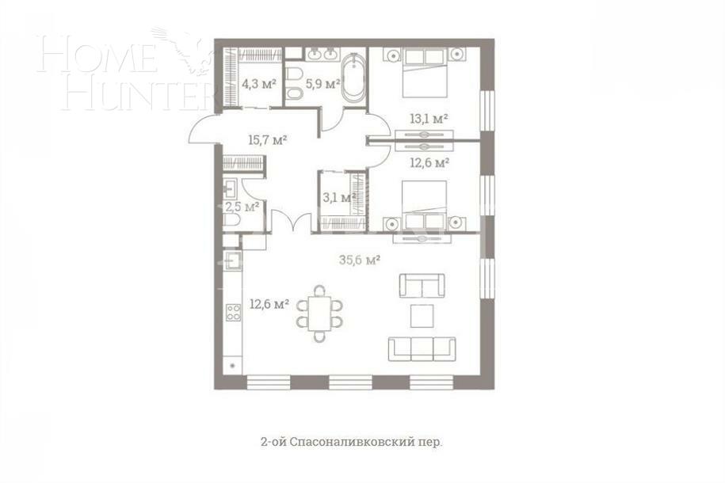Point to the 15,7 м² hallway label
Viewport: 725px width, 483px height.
(267, 139)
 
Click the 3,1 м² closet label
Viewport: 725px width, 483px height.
(336, 197)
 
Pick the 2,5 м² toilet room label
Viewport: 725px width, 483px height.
(242, 207)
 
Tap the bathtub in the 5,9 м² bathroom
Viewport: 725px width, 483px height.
(353, 76)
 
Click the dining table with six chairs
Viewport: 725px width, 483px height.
(319, 313)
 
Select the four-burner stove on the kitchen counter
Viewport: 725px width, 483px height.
(233, 312)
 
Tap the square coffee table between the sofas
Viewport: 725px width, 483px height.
(422, 316)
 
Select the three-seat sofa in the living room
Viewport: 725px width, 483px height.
(422, 348)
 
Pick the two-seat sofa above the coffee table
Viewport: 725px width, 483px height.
(421, 284)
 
